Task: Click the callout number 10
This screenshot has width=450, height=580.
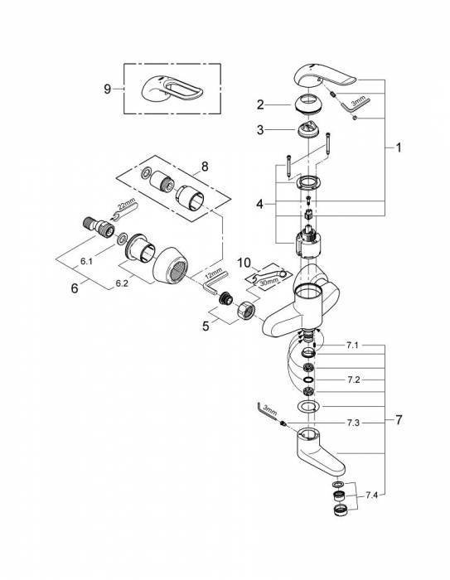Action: click(244, 263)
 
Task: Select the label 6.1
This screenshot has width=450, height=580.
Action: click(87, 259)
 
